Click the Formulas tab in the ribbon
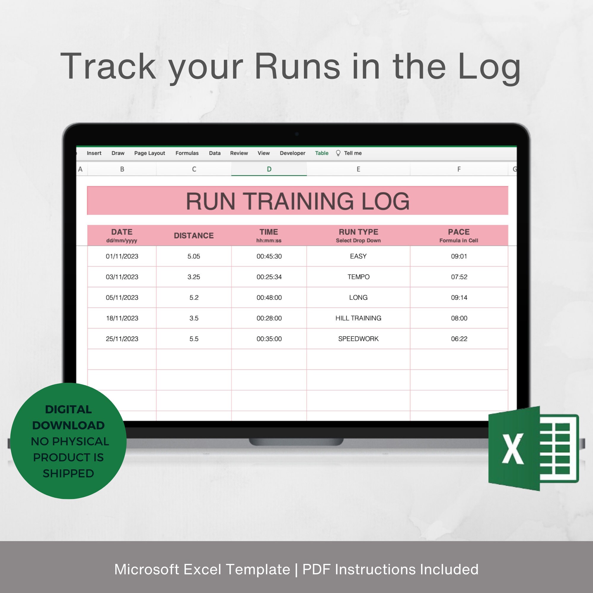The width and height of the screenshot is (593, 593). pyautogui.click(x=187, y=153)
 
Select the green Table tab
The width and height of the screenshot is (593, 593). pyautogui.click(x=321, y=153)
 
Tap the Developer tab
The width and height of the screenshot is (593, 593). pyautogui.click(x=292, y=153)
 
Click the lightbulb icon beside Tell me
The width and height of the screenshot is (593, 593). pyautogui.click(x=338, y=153)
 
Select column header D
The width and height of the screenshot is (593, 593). pyautogui.click(x=269, y=169)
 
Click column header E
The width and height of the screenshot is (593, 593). pyautogui.click(x=358, y=169)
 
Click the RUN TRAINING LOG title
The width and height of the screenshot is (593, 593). pyautogui.click(x=297, y=201)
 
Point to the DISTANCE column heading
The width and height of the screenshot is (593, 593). pyautogui.click(x=194, y=235)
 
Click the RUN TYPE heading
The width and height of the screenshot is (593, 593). pyautogui.click(x=358, y=232)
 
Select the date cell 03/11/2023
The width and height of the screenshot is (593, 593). pyautogui.click(x=122, y=277)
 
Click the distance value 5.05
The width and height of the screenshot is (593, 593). pyautogui.click(x=194, y=256)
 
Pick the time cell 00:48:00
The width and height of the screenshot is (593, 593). pyautogui.click(x=269, y=297)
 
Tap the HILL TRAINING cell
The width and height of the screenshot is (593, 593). pyautogui.click(x=358, y=318)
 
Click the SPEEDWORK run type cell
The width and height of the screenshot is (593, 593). pyautogui.click(x=358, y=339)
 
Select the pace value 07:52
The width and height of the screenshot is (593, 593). pyautogui.click(x=459, y=277)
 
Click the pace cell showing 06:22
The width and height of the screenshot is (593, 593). pyautogui.click(x=459, y=339)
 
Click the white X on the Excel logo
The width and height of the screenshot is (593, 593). pyautogui.click(x=513, y=448)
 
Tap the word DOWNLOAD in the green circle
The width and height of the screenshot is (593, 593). pyautogui.click(x=68, y=425)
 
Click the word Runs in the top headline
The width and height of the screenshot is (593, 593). pyautogui.click(x=297, y=66)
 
